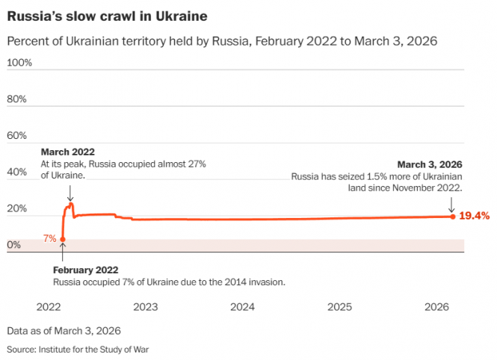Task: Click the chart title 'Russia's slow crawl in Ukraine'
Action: (107, 16)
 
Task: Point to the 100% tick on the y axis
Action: (19, 63)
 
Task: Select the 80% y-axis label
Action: (16, 99)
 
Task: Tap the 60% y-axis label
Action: (16, 136)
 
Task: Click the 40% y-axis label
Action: (16, 173)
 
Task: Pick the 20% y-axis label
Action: (16, 209)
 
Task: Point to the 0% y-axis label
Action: (14, 246)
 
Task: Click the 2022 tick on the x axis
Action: (49, 307)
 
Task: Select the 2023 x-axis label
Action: (145, 307)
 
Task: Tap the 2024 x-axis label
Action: (242, 307)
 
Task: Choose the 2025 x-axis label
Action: (339, 307)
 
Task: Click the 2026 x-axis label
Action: (436, 307)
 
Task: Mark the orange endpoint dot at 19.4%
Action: (453, 217)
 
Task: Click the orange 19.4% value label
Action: (474, 217)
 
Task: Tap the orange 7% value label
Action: (49, 238)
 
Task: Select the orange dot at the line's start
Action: (62, 240)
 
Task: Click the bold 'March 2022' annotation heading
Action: (67, 152)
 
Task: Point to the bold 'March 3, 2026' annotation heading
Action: (430, 164)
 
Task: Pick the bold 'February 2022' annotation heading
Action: (85, 270)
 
